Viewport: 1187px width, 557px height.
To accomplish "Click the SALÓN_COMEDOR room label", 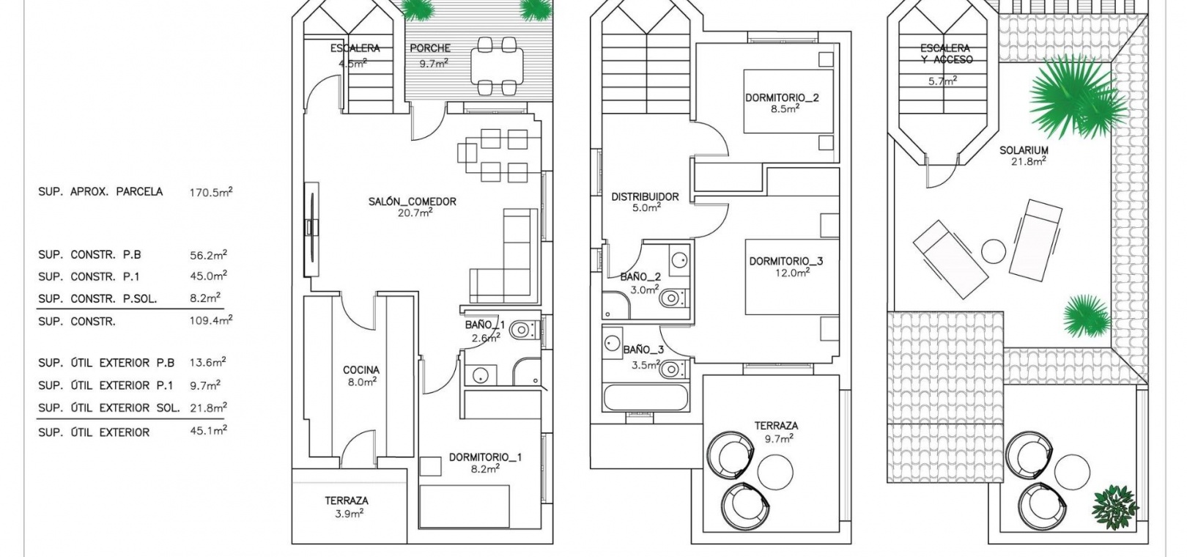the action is pyautogui.click(x=412, y=202).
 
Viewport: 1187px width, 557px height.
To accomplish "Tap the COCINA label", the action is pyautogui.click(x=361, y=370).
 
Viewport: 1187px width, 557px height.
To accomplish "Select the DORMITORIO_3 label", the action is pyautogui.click(x=786, y=261).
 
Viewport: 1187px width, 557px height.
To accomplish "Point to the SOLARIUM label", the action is pyautogui.click(x=1024, y=150).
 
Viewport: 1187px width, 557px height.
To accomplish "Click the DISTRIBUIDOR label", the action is pyautogui.click(x=645, y=196).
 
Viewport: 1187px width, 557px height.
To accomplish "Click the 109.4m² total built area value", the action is pyautogui.click(x=211, y=320).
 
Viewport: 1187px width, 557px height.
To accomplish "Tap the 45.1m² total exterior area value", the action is pyautogui.click(x=208, y=430).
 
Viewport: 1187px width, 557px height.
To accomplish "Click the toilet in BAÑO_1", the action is pyautogui.click(x=524, y=331).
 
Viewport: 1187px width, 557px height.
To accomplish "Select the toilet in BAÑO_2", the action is pyautogui.click(x=673, y=298).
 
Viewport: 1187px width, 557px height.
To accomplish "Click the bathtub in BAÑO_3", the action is pyautogui.click(x=646, y=397).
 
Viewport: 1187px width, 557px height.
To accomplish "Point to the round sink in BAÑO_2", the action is pyautogui.click(x=679, y=260).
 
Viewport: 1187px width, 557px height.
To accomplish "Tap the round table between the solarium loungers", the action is pyautogui.click(x=993, y=251).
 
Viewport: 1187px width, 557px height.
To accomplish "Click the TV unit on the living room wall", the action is pyautogui.click(x=312, y=229).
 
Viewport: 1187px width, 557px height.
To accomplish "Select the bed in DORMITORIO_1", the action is pyautogui.click(x=465, y=506).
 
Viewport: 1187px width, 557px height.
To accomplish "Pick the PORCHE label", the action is pyautogui.click(x=430, y=48).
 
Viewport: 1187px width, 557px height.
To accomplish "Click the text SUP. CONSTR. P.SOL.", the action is pyautogui.click(x=97, y=299).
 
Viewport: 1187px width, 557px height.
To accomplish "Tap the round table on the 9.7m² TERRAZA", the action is pyautogui.click(x=775, y=472).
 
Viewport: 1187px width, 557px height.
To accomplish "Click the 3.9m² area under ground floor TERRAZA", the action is pyautogui.click(x=350, y=513).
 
